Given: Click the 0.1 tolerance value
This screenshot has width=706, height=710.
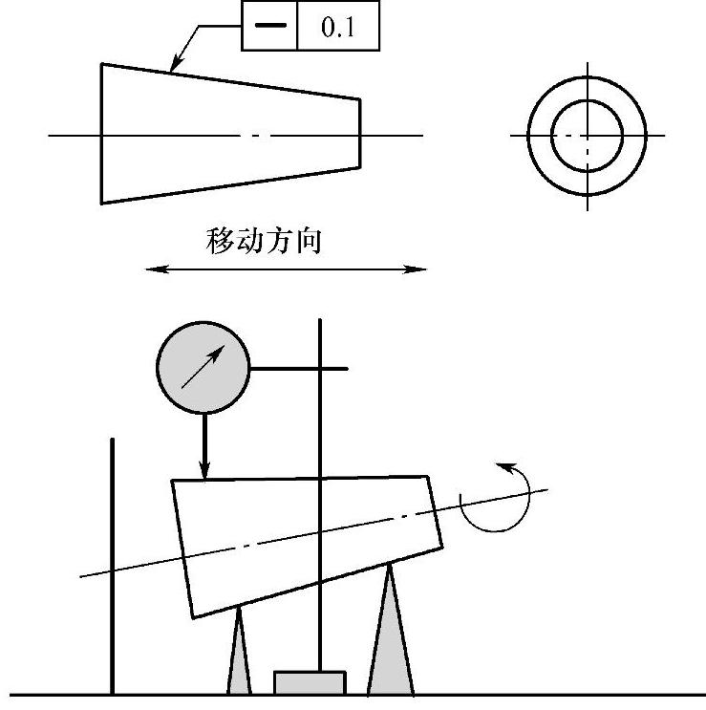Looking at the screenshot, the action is pyautogui.click(x=337, y=27).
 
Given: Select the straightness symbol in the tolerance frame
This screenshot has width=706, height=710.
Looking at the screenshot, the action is pyautogui.click(x=270, y=26).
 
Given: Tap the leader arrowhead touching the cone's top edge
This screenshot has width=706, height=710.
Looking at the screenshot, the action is pyautogui.click(x=176, y=63).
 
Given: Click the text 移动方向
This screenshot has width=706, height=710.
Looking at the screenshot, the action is pyautogui.click(x=264, y=241).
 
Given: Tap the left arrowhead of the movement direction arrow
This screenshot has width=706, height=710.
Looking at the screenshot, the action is pyautogui.click(x=157, y=269).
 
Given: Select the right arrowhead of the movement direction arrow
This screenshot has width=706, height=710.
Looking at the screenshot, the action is pyautogui.click(x=415, y=269).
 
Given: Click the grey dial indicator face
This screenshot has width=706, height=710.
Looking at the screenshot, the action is pyautogui.click(x=203, y=368).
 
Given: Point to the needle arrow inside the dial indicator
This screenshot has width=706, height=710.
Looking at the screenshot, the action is pyautogui.click(x=203, y=367).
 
